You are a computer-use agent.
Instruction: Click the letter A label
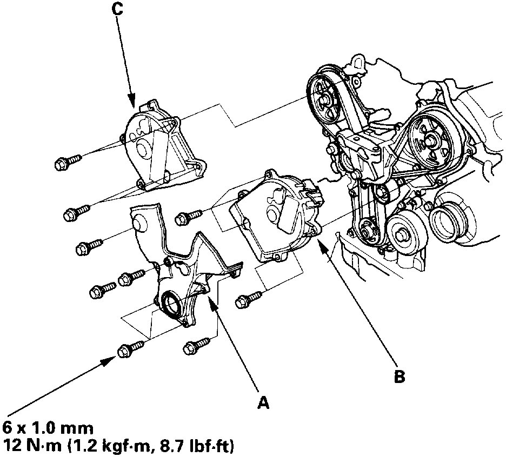click(263, 402)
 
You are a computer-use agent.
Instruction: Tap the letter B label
click(399, 377)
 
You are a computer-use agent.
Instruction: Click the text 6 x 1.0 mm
click(49, 428)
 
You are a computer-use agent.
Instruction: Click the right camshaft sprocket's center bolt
click(431, 139)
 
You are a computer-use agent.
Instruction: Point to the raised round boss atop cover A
click(138, 224)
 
